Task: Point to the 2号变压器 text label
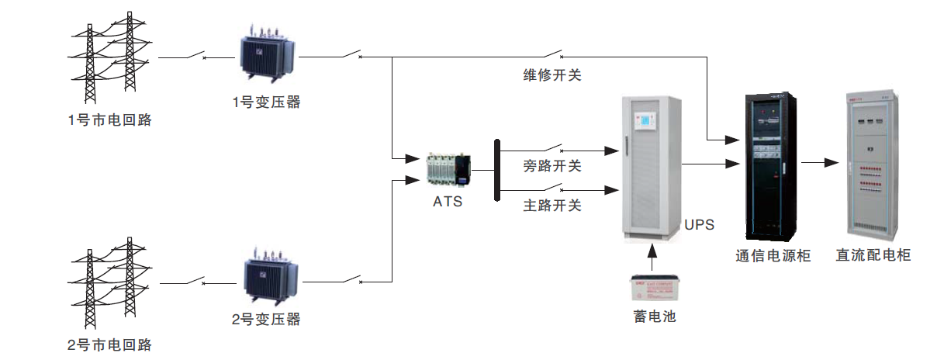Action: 266,319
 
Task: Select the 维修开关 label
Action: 552,76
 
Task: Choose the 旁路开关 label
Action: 552,165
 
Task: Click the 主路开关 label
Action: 552,206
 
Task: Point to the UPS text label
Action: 699,225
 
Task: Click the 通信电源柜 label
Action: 773,255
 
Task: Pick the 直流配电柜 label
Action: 873,255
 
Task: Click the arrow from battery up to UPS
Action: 653,256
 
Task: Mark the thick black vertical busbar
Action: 496,170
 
